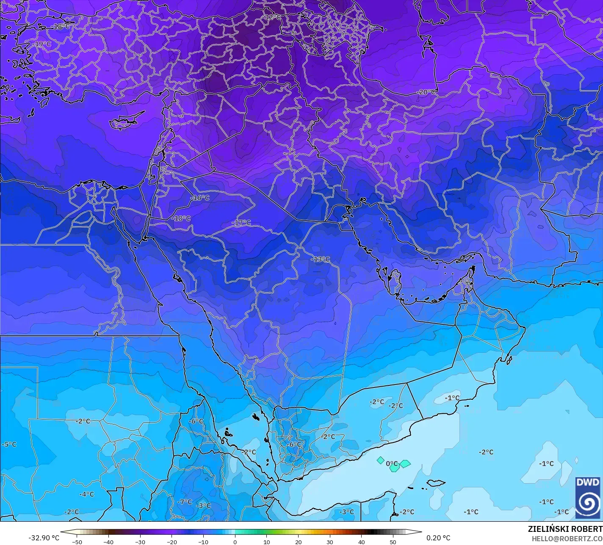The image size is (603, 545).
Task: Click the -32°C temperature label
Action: tap(272, 17)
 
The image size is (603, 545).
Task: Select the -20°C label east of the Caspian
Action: tap(426, 92)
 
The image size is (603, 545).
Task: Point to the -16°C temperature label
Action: tap(200, 198)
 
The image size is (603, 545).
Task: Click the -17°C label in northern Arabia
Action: tap(241, 223)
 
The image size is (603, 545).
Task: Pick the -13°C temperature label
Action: tap(320, 259)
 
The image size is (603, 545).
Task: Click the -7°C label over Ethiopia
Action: tap(185, 502)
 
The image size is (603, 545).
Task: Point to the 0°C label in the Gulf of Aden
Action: tap(392, 464)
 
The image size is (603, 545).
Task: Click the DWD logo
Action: tap(588, 498)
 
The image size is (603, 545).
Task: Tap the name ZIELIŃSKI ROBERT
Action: tap(565, 529)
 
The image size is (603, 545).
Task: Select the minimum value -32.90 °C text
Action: tap(44, 538)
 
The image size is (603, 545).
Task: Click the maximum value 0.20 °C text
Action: tap(438, 538)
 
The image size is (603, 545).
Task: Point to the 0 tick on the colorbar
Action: tap(235, 542)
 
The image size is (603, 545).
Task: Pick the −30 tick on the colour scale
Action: tap(140, 542)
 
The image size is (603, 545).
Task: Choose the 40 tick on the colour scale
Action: tap(361, 542)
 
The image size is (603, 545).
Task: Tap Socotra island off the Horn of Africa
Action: tap(436, 483)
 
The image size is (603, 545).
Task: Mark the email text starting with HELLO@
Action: tap(567, 539)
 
